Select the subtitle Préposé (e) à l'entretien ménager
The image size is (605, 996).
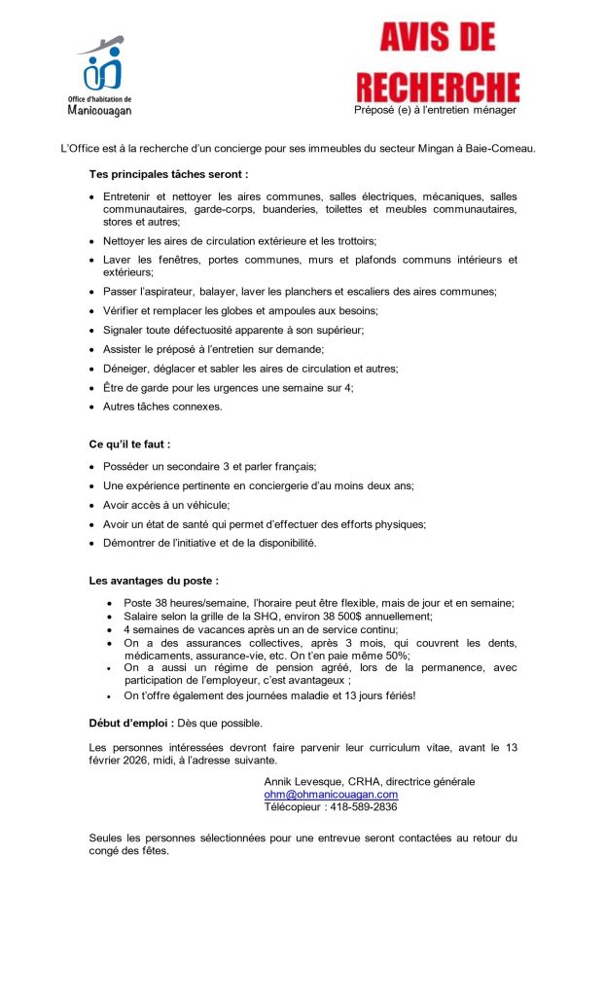pos(435,110)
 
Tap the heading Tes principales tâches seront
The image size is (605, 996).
pos(168,174)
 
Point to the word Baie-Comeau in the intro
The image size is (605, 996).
pos(501,148)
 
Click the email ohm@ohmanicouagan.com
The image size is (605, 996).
pos(331,795)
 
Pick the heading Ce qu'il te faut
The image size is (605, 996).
pos(129,444)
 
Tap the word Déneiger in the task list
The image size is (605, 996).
pos(127,369)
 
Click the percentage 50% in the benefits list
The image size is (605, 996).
pos(396,656)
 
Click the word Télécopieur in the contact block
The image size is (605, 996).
pos(297,807)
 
